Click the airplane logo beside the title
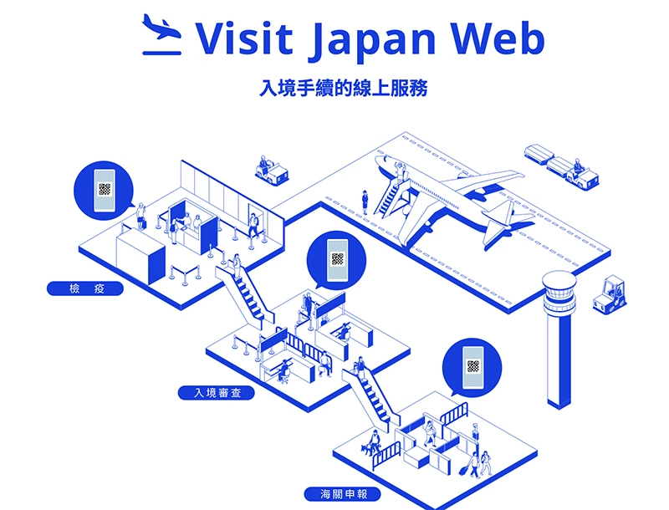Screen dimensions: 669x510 (161, 34)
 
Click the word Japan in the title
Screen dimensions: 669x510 (372, 39)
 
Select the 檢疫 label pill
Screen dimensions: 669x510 (85, 288)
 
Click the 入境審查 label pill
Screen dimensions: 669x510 (217, 393)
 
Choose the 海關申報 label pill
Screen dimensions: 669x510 (343, 494)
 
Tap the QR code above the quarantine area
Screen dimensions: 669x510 (105, 189)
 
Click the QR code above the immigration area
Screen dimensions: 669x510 (338, 259)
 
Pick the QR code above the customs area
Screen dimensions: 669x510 (472, 366)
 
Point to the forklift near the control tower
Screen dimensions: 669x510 (610, 295)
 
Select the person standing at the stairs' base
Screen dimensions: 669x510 (365, 202)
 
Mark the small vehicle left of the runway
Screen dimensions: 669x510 (271, 171)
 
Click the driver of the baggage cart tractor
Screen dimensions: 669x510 (578, 166)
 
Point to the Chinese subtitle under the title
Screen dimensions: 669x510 (343, 88)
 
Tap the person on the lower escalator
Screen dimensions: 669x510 (360, 368)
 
